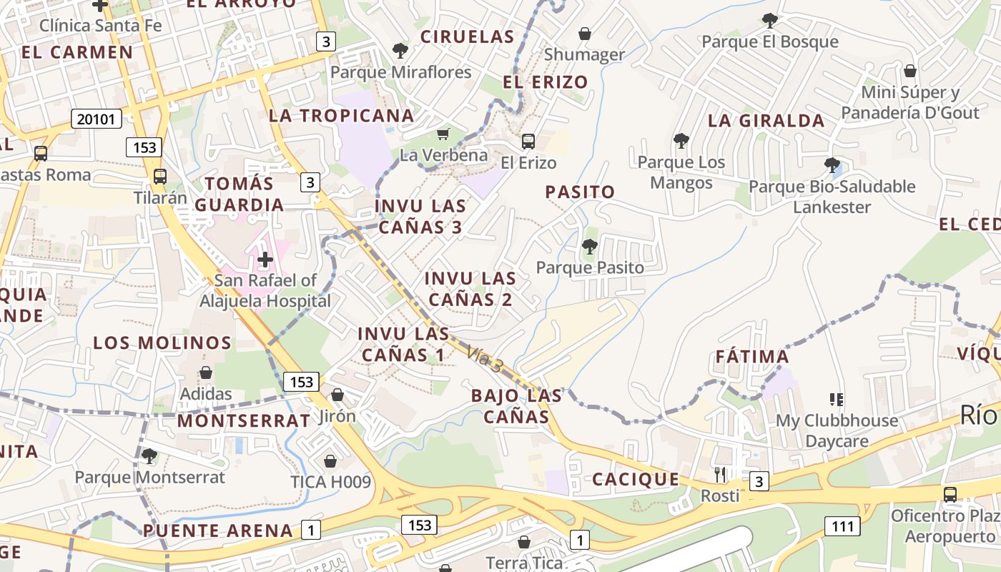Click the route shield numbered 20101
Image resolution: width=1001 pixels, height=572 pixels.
click(97, 119)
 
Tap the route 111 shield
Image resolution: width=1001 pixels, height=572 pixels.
click(843, 526)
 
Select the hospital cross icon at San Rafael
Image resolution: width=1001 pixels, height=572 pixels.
click(265, 259)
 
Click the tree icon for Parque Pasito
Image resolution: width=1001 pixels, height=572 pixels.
click(589, 247)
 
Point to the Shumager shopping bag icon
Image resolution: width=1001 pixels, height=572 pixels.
click(584, 34)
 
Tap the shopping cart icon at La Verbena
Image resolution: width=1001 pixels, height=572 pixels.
click(443, 134)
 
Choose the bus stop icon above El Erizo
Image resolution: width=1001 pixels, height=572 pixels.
click(528, 142)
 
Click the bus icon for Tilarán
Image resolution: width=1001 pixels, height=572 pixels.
click(160, 177)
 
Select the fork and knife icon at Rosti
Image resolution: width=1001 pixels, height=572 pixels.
click(720, 474)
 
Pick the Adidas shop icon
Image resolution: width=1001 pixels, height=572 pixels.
click(206, 373)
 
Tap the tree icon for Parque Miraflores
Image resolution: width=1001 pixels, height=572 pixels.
click(400, 51)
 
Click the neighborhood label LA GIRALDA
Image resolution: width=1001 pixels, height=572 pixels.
click(766, 121)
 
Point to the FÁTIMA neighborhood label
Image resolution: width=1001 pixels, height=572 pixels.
click(752, 356)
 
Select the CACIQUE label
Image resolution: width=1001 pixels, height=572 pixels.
click(636, 479)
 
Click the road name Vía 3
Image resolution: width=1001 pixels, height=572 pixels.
click(485, 358)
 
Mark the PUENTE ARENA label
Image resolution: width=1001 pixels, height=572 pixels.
click(218, 531)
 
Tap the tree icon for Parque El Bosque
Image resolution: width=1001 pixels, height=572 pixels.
click(769, 20)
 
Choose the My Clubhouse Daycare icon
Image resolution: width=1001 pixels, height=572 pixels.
click(837, 399)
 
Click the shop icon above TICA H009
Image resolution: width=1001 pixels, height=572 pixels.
click(330, 461)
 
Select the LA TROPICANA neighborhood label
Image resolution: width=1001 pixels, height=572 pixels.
click(341, 115)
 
